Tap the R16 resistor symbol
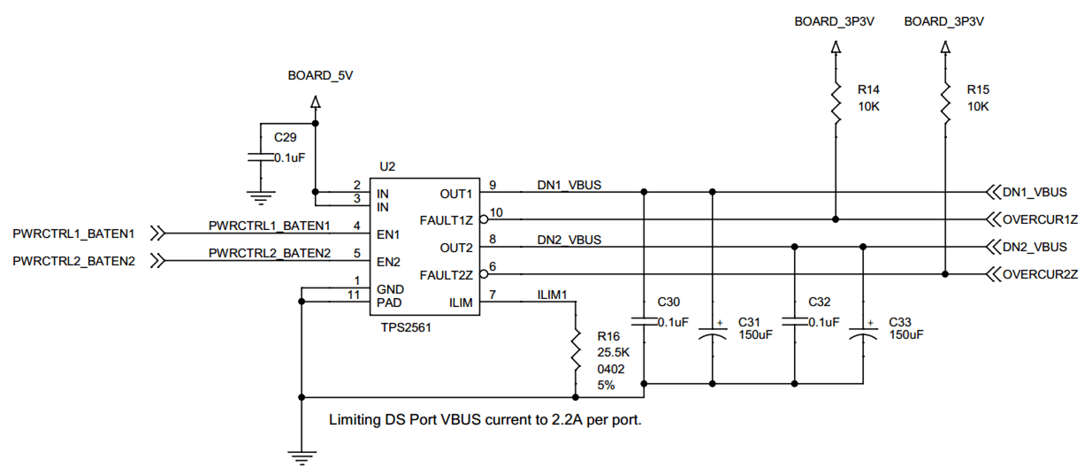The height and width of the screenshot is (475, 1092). pyautogui.click(x=576, y=349)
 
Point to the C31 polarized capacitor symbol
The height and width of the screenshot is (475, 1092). pyautogui.click(x=713, y=333)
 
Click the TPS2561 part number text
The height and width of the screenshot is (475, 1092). pyautogui.click(x=405, y=326)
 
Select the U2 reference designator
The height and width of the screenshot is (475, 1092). pyautogui.click(x=386, y=166)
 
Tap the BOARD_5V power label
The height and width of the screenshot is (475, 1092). pyautogui.click(x=320, y=76)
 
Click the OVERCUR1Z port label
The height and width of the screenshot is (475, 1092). pyautogui.click(x=1040, y=219)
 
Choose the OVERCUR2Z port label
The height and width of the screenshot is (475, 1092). pyautogui.click(x=1040, y=274)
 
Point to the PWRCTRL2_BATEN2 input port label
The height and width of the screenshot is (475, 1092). pyautogui.click(x=73, y=261)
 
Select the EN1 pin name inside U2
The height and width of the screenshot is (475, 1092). pyautogui.click(x=387, y=234)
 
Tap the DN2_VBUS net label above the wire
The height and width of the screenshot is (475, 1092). pyautogui.click(x=569, y=239)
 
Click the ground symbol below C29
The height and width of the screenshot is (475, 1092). pyautogui.click(x=260, y=198)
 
